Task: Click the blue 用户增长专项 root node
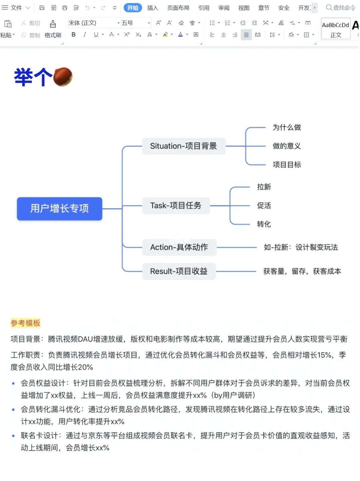(59, 209)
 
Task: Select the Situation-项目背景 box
(184, 146)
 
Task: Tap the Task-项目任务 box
(176, 205)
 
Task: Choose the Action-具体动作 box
(179, 247)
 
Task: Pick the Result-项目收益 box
(179, 271)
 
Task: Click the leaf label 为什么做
(287, 127)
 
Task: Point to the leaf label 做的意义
(287, 146)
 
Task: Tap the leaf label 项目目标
(287, 165)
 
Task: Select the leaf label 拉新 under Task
(264, 187)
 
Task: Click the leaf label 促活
(264, 206)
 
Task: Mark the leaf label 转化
(264, 224)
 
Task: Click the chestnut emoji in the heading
(63, 77)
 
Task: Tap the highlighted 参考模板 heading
(25, 323)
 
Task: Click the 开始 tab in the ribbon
(133, 8)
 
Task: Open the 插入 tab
(153, 8)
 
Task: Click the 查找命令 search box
(341, 8)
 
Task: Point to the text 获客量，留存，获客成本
(302, 271)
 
